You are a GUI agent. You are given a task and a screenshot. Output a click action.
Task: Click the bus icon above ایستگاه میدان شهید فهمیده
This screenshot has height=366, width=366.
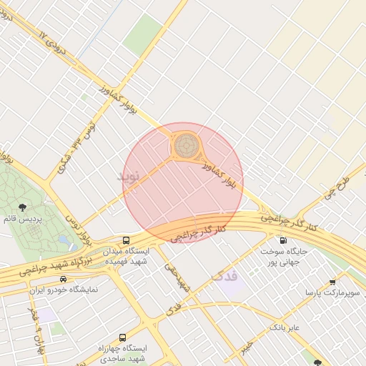coord(127,240)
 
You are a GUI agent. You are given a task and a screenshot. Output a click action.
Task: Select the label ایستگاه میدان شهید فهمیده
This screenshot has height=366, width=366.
coord(127,257)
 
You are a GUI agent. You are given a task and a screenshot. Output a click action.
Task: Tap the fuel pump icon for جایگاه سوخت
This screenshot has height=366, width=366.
coord(283,240)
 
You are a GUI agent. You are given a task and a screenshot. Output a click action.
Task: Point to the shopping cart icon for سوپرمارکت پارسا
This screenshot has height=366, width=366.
coord(332,282)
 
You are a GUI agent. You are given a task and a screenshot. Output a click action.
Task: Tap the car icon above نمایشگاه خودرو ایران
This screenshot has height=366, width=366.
coord(64,279)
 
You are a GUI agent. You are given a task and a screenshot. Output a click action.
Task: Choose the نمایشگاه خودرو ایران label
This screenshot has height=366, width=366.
coord(64,290)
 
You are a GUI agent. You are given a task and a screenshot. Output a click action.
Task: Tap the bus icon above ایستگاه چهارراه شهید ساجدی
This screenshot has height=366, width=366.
coord(122,336)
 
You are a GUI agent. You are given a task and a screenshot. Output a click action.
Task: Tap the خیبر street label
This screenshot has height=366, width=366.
coord(246,347)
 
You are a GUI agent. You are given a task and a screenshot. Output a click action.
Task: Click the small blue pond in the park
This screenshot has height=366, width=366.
coord(65,239)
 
